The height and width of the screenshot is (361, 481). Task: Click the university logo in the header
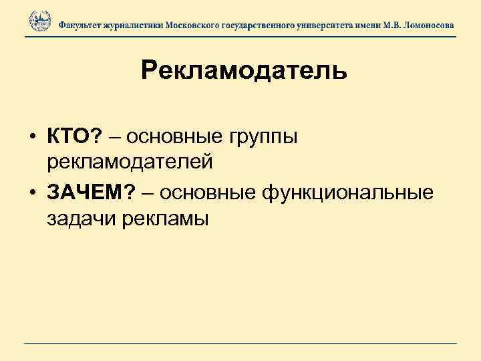pos(39,21)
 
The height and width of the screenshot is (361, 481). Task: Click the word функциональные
pos(349,193)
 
